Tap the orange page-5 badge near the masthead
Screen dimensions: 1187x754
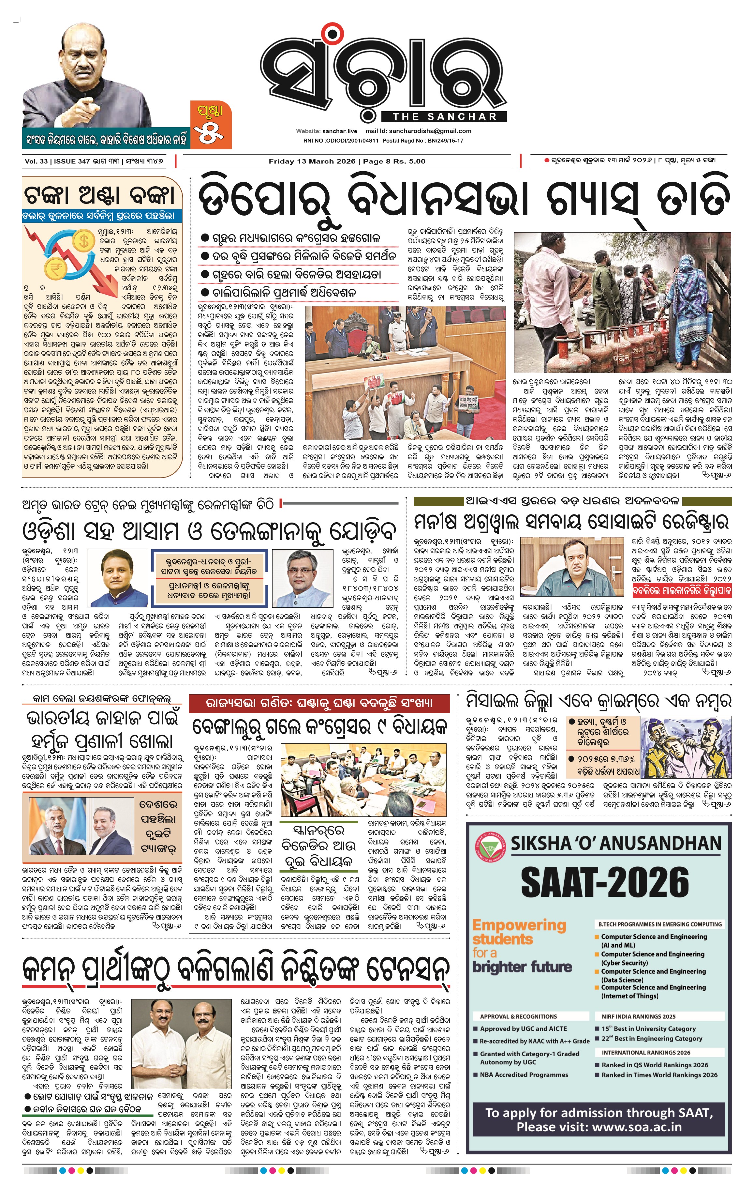(211, 125)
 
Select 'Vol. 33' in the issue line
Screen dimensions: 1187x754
(36, 161)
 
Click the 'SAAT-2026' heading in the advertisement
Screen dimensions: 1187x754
(605, 883)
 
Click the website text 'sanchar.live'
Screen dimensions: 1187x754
(340, 131)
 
